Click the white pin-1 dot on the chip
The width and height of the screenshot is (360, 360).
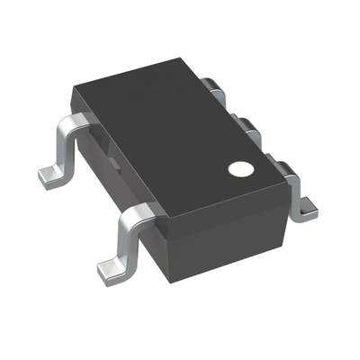[x=238, y=167]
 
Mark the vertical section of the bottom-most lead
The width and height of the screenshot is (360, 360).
[x=123, y=241]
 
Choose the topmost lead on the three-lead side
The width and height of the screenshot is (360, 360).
[x=213, y=86]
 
